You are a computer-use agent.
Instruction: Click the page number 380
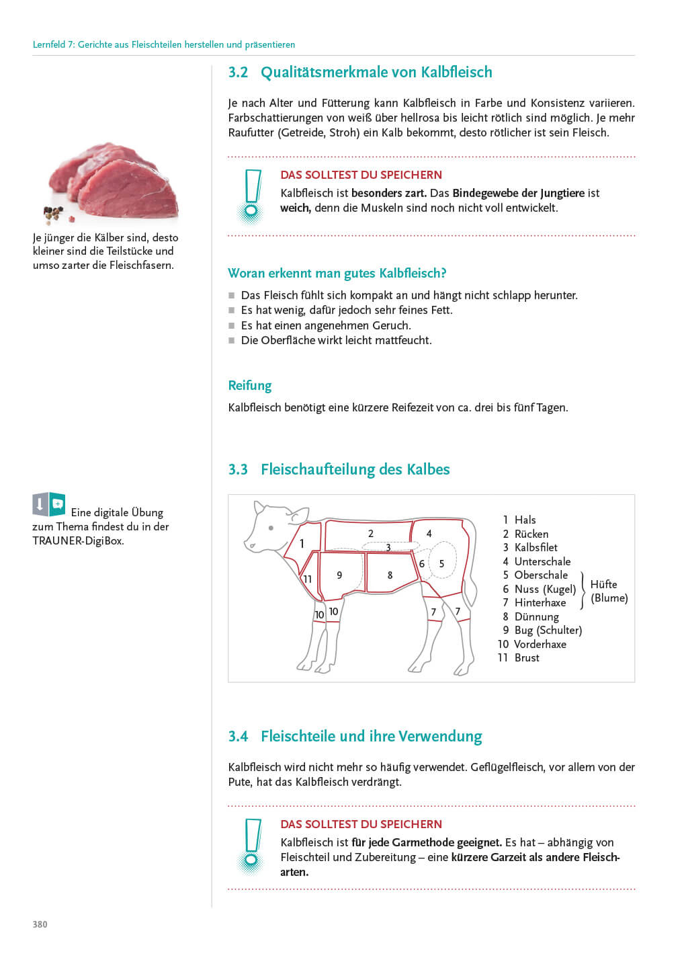(x=40, y=924)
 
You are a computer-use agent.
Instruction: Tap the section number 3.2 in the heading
(x=238, y=72)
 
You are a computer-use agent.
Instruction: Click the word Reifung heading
(x=249, y=385)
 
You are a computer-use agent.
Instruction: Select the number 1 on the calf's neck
(x=302, y=543)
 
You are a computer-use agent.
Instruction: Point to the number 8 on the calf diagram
(x=390, y=575)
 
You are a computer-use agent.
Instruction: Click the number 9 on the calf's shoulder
(x=339, y=575)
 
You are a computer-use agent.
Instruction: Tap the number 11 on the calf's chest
(x=308, y=579)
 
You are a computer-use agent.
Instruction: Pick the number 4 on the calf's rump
(x=429, y=534)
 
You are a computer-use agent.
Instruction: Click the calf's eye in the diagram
(x=271, y=528)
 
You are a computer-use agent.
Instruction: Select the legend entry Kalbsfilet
(x=536, y=547)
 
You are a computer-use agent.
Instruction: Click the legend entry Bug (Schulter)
(x=548, y=631)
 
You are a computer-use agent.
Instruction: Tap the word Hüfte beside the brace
(x=603, y=584)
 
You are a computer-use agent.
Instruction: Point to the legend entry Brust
(x=527, y=657)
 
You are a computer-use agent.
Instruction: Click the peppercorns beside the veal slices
(x=54, y=214)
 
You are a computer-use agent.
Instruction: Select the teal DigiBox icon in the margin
(x=57, y=504)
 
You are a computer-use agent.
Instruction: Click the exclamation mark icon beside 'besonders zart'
(x=251, y=196)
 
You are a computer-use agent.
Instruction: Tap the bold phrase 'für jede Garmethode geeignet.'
(x=427, y=843)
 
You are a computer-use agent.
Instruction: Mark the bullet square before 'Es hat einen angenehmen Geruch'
(x=231, y=325)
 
